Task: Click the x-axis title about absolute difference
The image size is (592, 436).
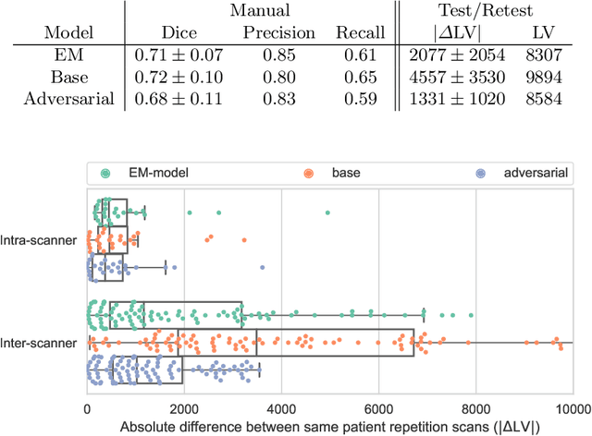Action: tap(331, 427)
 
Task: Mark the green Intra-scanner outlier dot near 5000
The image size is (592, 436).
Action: tap(327, 212)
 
